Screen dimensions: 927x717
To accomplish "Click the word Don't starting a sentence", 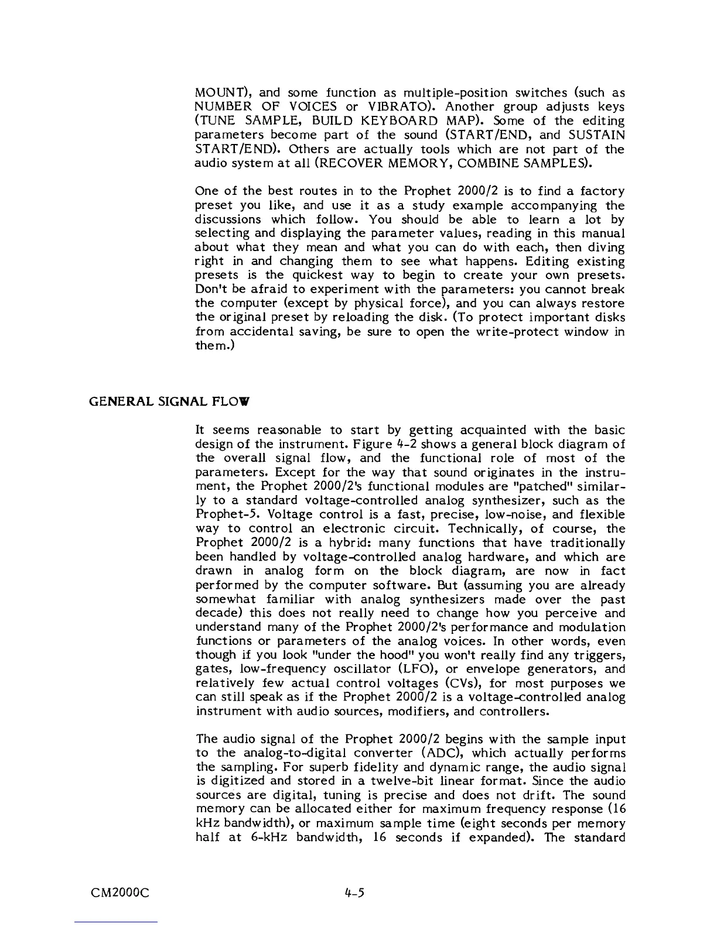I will coord(209,290).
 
